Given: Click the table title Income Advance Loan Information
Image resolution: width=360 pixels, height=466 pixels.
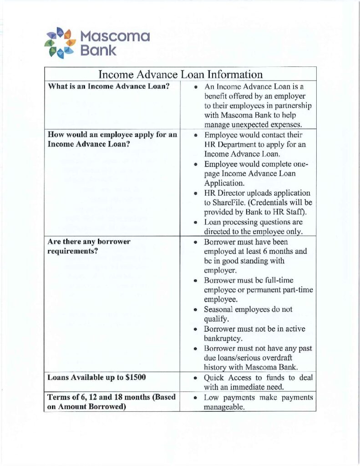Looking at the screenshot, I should point(180,74).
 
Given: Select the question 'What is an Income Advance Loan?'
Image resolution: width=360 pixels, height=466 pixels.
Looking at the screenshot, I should point(109,86).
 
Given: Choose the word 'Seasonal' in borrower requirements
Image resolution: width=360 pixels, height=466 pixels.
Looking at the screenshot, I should point(220,309).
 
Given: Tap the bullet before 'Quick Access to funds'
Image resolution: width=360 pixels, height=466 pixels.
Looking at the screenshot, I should point(195,378).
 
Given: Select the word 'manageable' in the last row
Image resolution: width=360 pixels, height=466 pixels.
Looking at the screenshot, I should point(224,408).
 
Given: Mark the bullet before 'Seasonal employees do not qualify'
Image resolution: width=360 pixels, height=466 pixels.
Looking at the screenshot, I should point(195,310).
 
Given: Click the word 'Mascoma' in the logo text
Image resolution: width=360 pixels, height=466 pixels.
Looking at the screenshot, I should point(115,36).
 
